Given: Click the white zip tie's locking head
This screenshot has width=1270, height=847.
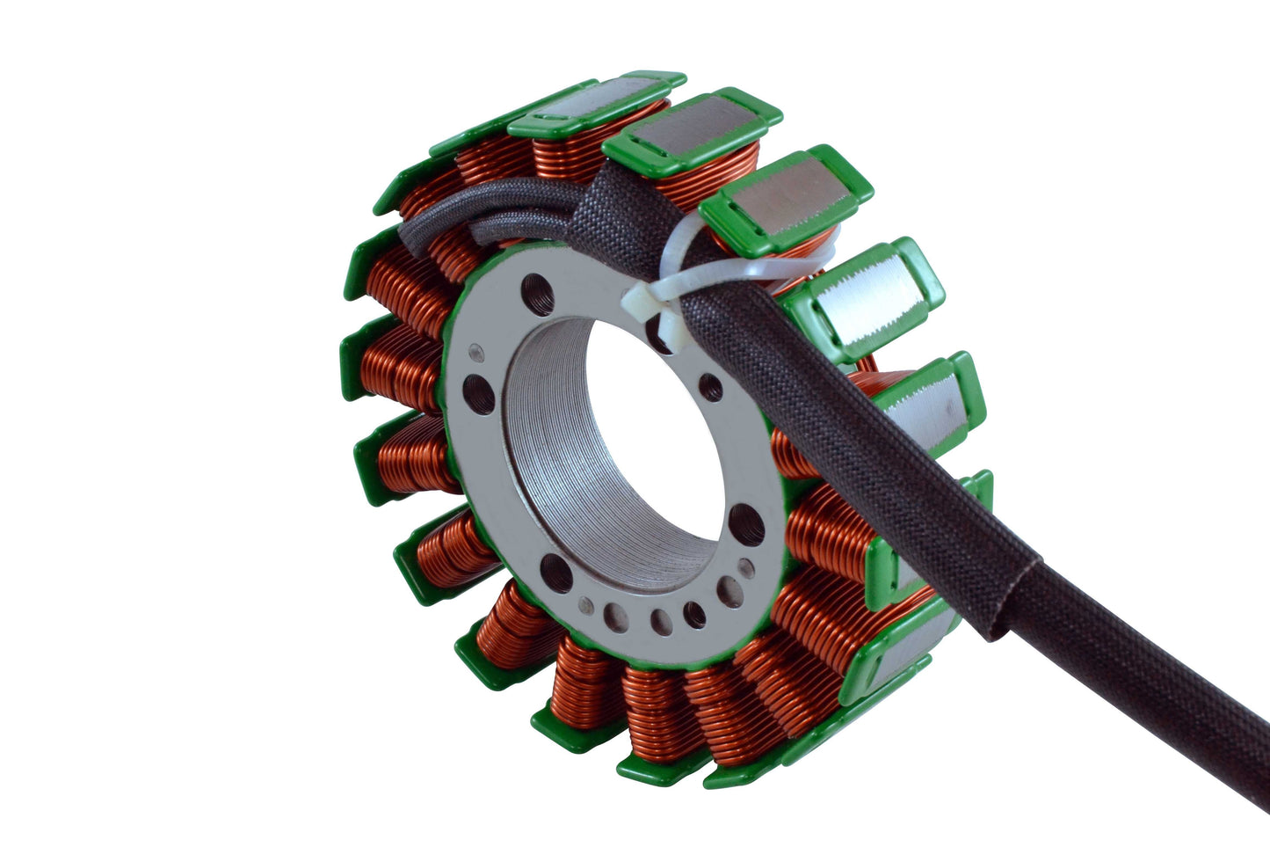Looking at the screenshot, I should pyautogui.click(x=638, y=300).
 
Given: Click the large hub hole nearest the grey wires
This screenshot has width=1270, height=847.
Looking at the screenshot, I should pyautogui.click(x=537, y=290).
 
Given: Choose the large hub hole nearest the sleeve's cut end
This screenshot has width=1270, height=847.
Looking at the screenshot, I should pyautogui.click(x=744, y=522).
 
